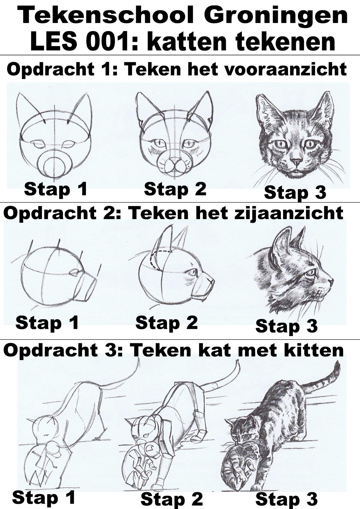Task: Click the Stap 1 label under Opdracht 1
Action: (x=55, y=189)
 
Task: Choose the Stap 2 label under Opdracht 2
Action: (x=166, y=323)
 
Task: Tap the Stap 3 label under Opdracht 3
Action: (x=287, y=499)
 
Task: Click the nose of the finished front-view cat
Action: (x=296, y=161)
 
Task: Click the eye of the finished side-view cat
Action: (x=311, y=272)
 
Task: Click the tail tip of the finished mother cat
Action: (x=338, y=363)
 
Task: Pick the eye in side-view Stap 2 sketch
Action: (x=192, y=272)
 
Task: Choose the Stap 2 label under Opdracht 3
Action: (x=172, y=499)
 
